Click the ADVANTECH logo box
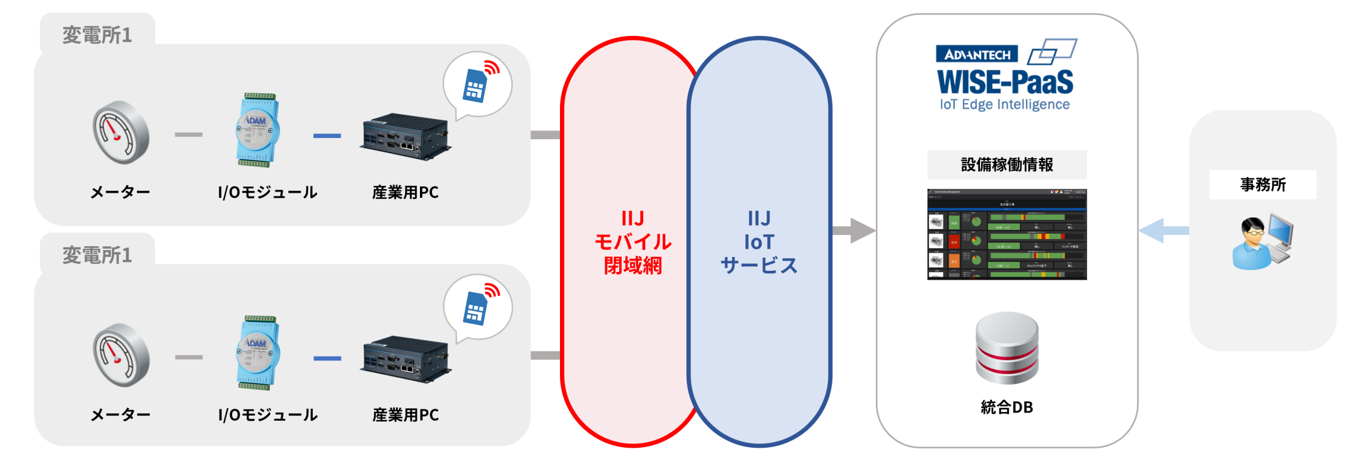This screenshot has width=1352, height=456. click(976, 54)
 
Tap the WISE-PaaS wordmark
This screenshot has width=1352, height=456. click(1005, 83)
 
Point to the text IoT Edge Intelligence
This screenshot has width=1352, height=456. click(1005, 105)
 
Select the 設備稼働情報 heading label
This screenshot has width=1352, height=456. click(1006, 165)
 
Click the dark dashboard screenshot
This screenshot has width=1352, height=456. click(1006, 234)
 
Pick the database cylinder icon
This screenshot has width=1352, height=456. click(1006, 348)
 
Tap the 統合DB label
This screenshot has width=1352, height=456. click(1006, 408)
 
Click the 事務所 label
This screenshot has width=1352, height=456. click(1262, 185)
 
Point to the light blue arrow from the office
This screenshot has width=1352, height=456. click(1162, 231)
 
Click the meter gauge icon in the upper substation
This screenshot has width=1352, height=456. click(120, 132)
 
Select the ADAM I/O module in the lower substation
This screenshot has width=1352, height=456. click(257, 353)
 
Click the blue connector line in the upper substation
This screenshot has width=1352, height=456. click(327, 135)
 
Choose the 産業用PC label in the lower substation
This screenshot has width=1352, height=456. click(405, 415)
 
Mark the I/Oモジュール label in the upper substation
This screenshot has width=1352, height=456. click(267, 192)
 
